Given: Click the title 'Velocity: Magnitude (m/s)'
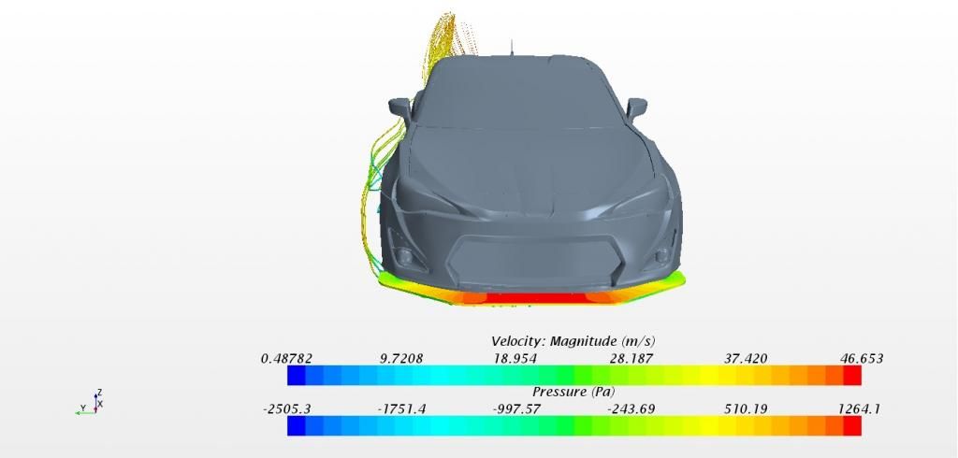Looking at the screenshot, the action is [x=573, y=341].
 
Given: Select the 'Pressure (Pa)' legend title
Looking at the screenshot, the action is [x=573, y=392].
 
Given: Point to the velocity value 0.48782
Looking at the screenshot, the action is [x=286, y=359].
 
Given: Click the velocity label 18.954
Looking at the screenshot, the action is [x=515, y=359].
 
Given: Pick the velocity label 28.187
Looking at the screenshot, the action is [x=631, y=359].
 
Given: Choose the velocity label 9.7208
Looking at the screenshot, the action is [x=400, y=359].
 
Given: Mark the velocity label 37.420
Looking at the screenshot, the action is [x=746, y=359].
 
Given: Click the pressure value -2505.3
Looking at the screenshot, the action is [x=286, y=409].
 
